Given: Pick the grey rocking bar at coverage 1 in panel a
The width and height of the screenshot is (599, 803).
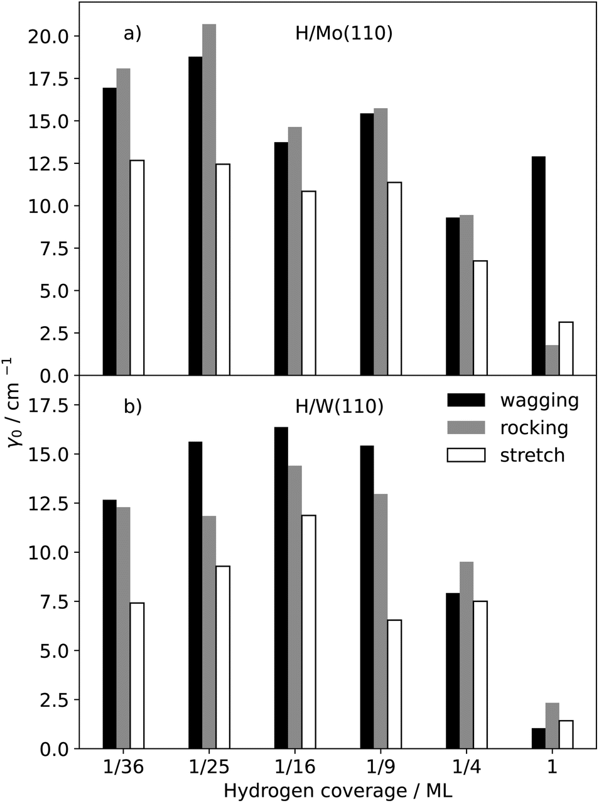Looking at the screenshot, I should [552, 361].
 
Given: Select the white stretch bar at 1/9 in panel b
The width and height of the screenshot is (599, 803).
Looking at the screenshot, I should [394, 684].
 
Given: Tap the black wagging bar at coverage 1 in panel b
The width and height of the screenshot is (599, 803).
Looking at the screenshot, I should [538, 739].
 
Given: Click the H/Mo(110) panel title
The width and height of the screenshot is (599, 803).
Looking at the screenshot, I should [344, 33].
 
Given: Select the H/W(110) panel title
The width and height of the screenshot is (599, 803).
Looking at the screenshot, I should [339, 407].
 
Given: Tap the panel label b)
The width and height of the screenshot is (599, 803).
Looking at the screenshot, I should [132, 407].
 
